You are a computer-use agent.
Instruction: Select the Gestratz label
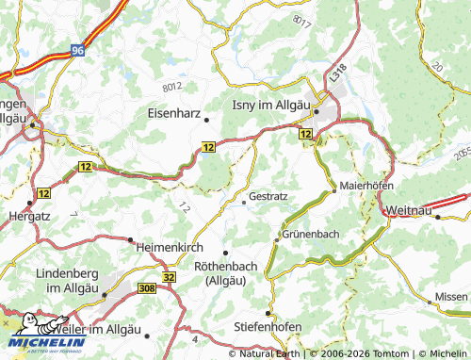tap(269, 198)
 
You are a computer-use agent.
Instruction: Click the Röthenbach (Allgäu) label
tap(226, 273)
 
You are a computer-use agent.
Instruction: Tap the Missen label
tap(450, 297)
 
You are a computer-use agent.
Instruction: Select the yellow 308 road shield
tap(146, 289)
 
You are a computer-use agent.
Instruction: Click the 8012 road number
tap(172, 86)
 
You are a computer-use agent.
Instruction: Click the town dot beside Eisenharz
tap(205, 119)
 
